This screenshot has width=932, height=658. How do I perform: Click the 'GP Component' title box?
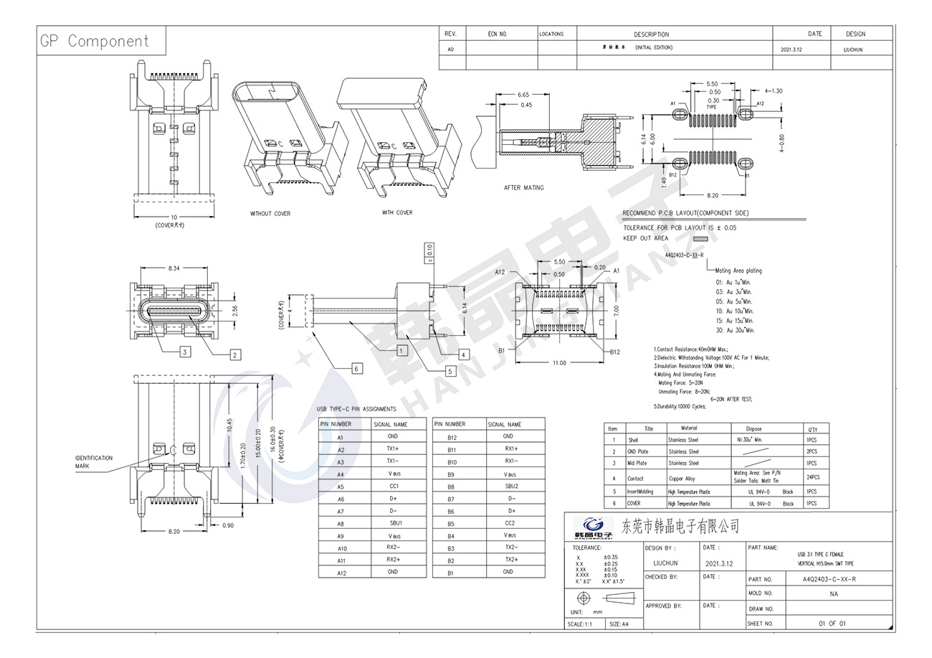coord(95,41)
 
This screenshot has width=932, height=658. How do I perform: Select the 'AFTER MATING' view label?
coord(523,188)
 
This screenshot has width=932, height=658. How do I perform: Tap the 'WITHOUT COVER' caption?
coord(270,214)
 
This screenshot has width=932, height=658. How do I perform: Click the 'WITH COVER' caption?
coord(397,212)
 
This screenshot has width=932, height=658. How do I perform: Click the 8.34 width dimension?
coord(173,268)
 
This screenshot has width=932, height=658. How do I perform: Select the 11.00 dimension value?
coord(558,363)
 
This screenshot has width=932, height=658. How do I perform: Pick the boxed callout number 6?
coord(356,368)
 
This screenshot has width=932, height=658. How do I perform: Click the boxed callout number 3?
coord(185,352)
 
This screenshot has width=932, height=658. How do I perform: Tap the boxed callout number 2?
coord(234,354)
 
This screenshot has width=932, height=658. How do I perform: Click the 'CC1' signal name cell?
coord(394,487)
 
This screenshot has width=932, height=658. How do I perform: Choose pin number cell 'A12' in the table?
coord(341,573)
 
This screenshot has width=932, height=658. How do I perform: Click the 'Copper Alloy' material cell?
coord(682,478)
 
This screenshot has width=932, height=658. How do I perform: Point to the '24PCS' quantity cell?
coord(812,477)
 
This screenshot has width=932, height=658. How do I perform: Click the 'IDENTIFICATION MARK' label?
coord(94,462)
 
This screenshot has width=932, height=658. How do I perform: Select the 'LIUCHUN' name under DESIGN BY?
coord(665,563)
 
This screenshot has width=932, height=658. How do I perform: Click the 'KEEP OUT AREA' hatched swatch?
coord(700,238)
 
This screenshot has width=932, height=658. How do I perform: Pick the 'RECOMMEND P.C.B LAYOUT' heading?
coord(685,213)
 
